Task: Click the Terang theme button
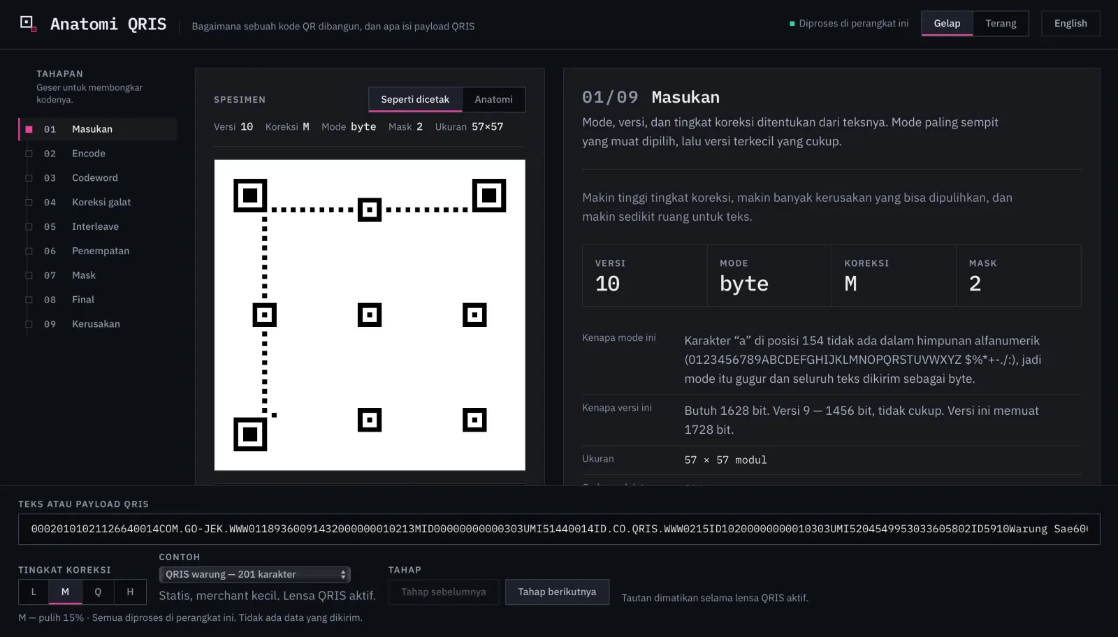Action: (x=1001, y=24)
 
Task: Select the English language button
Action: (x=1070, y=24)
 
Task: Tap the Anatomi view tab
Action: (x=493, y=99)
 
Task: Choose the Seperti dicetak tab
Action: (x=415, y=99)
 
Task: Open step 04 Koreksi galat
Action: (x=101, y=202)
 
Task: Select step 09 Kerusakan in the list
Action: (x=96, y=323)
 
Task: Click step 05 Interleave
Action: (x=95, y=226)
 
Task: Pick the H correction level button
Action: (x=130, y=592)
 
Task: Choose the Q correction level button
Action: (x=98, y=592)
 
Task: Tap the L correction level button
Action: (x=34, y=592)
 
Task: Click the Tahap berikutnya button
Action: (x=557, y=592)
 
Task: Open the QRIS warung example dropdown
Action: (x=254, y=574)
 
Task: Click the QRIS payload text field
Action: (x=559, y=529)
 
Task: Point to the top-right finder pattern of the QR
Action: (x=489, y=195)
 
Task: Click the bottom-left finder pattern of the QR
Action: (x=250, y=434)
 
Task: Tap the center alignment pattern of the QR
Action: (x=370, y=315)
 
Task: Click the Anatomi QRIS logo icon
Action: (x=28, y=24)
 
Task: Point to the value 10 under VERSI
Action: (x=607, y=284)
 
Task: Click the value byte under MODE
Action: (x=743, y=284)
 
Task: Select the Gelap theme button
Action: (x=947, y=24)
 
